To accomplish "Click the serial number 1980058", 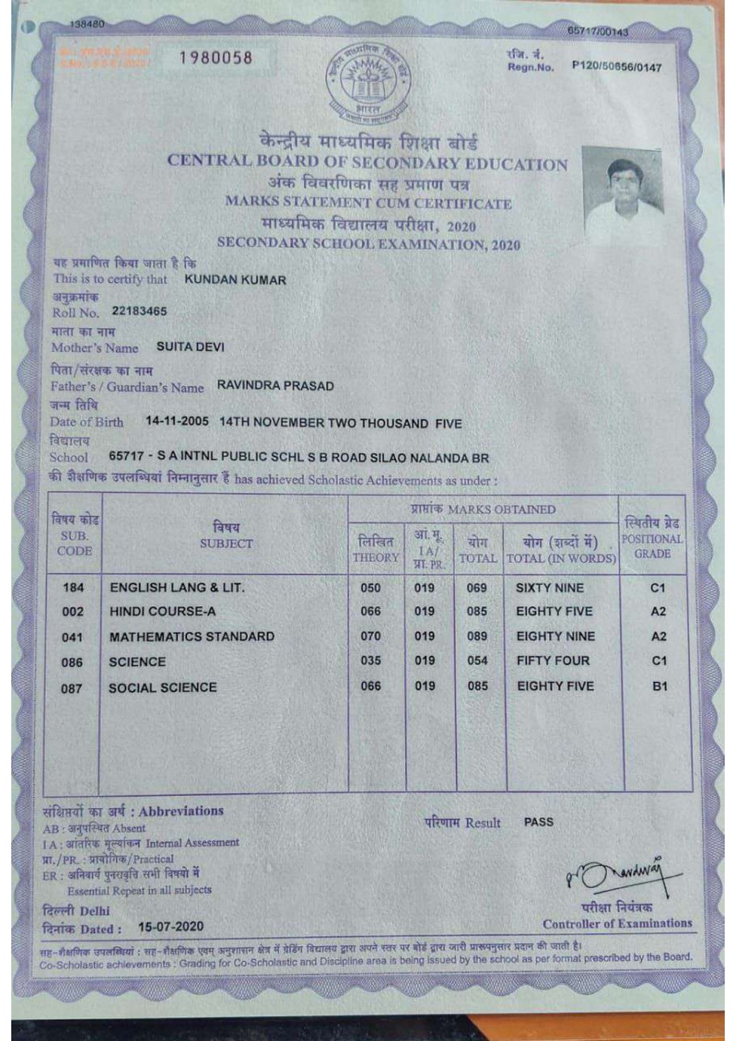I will click(216, 58).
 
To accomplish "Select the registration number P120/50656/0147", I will click(617, 68).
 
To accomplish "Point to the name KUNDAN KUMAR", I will click(235, 280).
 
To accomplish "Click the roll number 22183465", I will click(139, 311).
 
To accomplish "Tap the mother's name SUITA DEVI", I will click(191, 347).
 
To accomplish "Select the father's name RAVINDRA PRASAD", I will click(275, 386).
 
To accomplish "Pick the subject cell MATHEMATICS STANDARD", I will click(191, 636).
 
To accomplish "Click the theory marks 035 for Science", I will click(371, 661).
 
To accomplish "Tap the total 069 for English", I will click(477, 588).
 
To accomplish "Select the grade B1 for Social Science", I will click(659, 686).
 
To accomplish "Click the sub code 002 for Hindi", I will click(73, 611).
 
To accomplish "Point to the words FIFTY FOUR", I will click(553, 661).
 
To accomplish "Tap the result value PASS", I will click(538, 822).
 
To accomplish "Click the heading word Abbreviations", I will click(181, 811).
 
